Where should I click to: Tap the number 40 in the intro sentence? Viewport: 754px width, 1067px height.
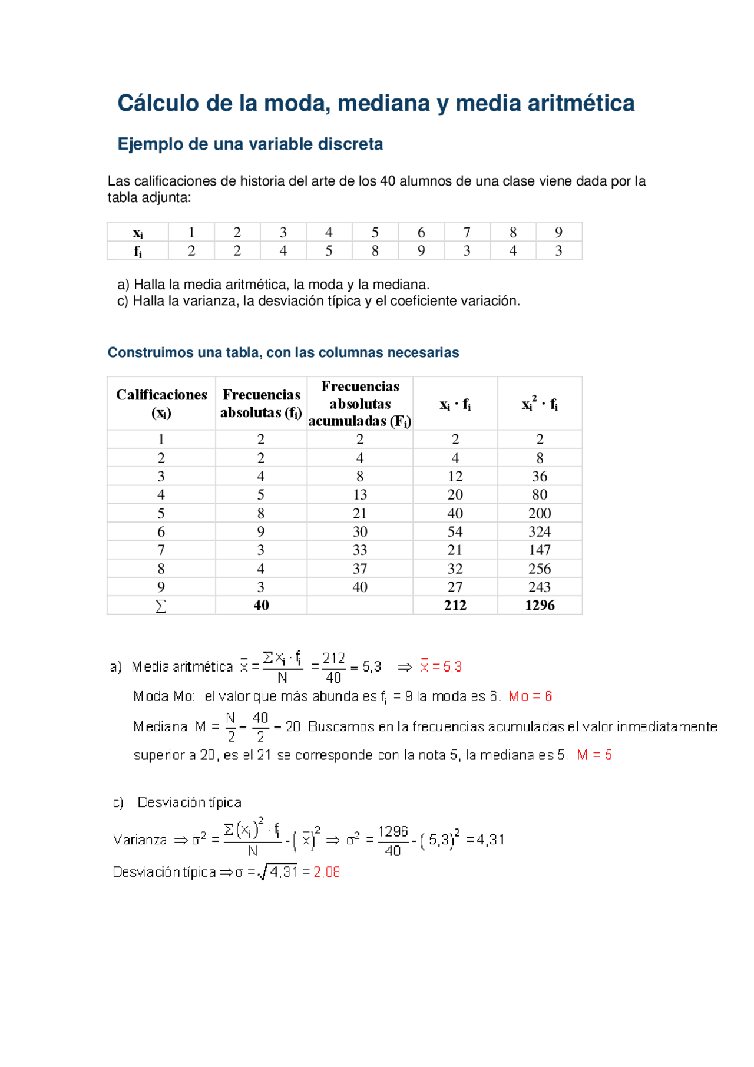pyautogui.click(x=387, y=181)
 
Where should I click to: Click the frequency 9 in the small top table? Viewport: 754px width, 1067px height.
pyautogui.click(x=421, y=251)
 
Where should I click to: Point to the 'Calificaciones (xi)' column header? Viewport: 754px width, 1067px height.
pyautogui.click(x=161, y=404)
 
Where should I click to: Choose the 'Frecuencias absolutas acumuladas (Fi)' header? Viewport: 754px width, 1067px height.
pyautogui.click(x=360, y=404)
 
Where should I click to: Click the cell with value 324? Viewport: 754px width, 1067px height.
pyautogui.click(x=540, y=532)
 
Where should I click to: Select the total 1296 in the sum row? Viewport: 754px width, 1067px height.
pyautogui.click(x=540, y=606)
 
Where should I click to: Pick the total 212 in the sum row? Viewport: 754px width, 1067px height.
pyautogui.click(x=455, y=606)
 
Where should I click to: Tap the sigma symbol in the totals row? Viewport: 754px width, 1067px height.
pyautogui.click(x=161, y=606)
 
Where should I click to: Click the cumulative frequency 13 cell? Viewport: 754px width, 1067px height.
pyautogui.click(x=360, y=495)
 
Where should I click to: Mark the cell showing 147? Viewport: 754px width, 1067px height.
pyautogui.click(x=540, y=550)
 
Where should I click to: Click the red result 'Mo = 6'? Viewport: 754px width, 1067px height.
pyautogui.click(x=530, y=696)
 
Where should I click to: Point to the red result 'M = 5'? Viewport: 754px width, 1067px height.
pyautogui.click(x=594, y=755)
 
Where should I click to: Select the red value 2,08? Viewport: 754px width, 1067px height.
pyautogui.click(x=327, y=872)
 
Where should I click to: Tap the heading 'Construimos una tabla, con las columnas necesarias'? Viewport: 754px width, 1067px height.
pyautogui.click(x=283, y=353)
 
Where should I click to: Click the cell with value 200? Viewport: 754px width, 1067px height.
pyautogui.click(x=540, y=514)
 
